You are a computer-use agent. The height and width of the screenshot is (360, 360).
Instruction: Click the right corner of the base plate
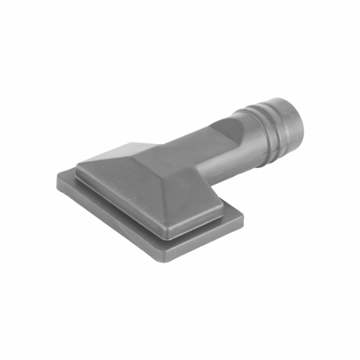(x=244, y=220)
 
